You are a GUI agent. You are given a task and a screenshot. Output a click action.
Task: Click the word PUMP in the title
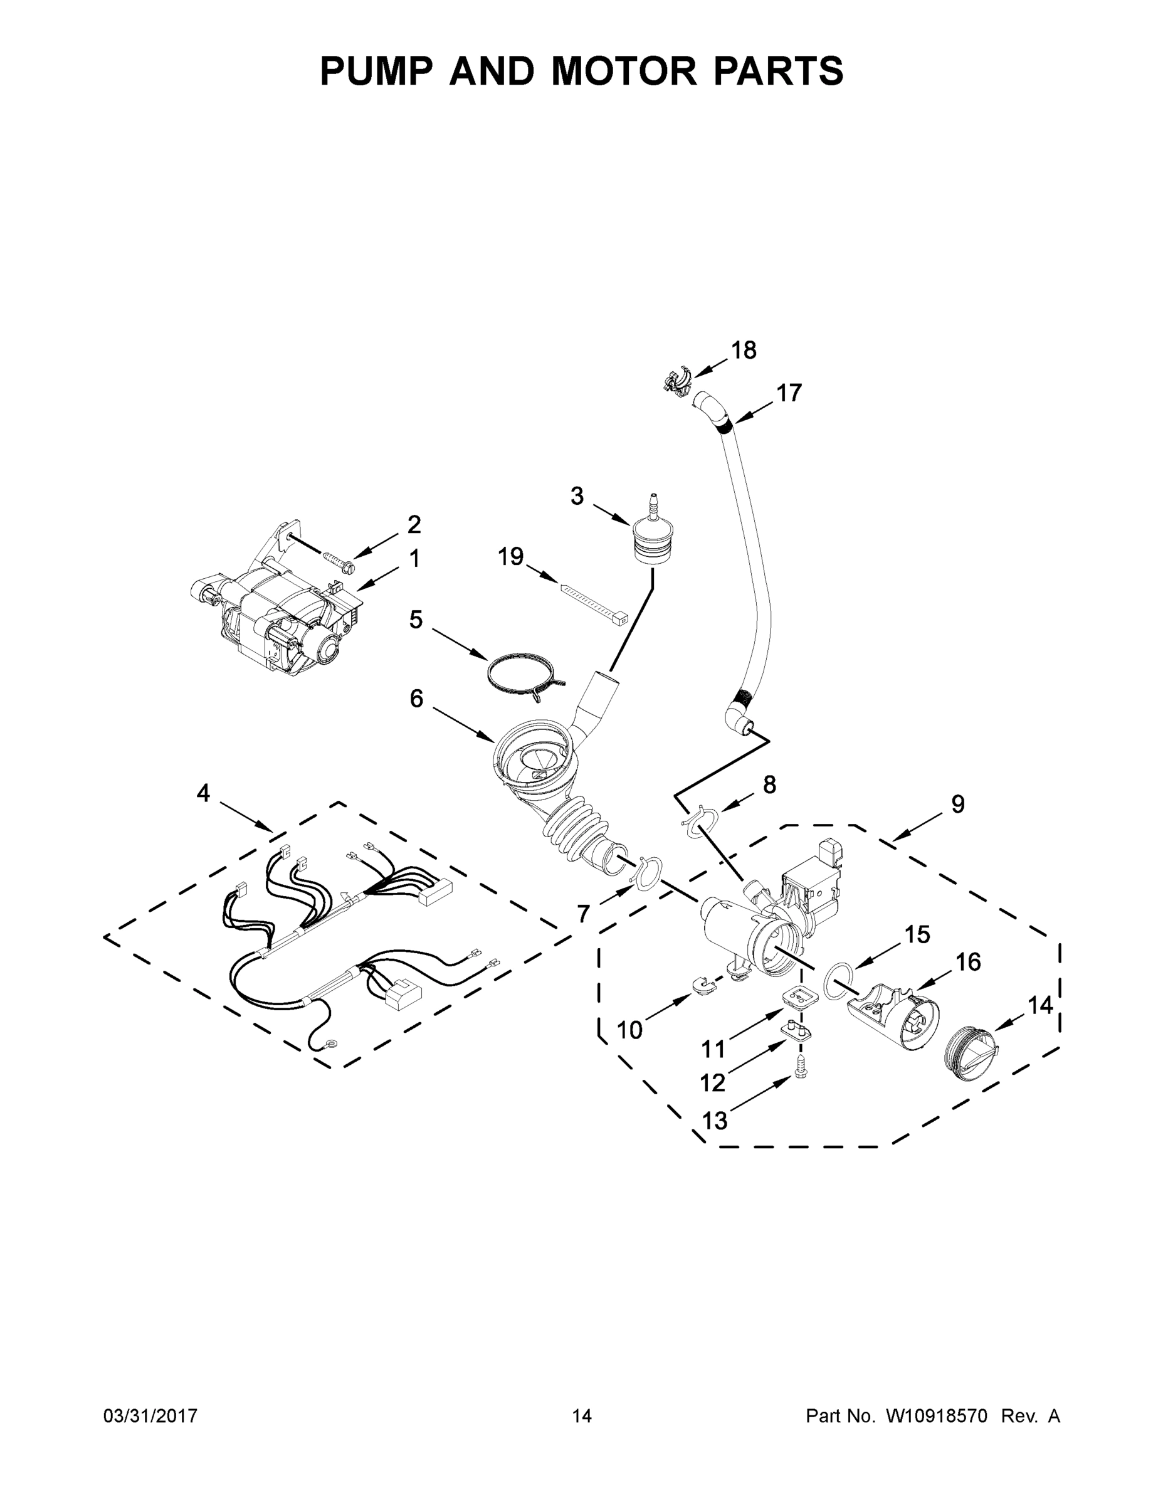(x=374, y=71)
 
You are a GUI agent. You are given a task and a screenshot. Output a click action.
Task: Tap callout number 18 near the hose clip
(x=744, y=350)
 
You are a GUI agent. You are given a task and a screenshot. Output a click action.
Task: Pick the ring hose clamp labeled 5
(x=524, y=679)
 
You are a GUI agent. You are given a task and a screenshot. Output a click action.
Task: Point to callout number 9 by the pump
(x=958, y=804)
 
